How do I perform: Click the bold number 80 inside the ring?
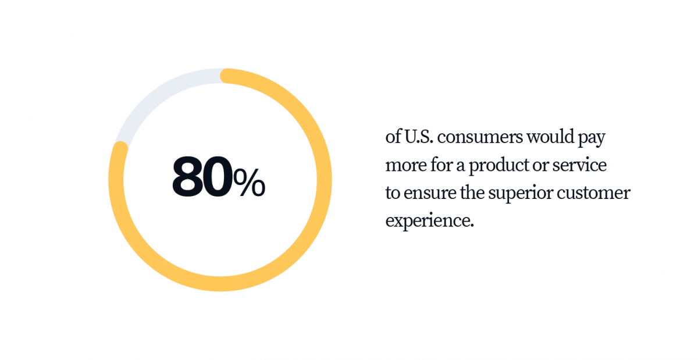pos(202,177)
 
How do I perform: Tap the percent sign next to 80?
pos(250,182)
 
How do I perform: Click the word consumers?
pos(480,137)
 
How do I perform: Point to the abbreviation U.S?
pos(419,137)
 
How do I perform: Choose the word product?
pos(498,165)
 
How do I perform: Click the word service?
pos(579,165)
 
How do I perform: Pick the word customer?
pos(594,193)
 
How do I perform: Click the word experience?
pos(430,221)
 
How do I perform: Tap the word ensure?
pos(430,193)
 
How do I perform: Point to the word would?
pos(550,137)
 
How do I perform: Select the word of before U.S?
pos(393,137)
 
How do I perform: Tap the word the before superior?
pos(472,193)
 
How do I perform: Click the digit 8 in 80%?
pos(187,177)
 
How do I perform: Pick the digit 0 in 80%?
pos(218,177)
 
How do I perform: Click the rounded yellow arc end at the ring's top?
pos(227,76)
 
